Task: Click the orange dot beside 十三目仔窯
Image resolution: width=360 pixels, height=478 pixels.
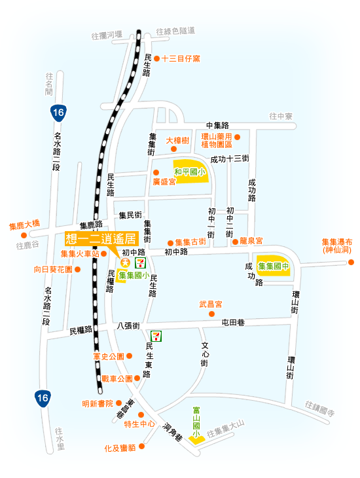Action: [156, 58]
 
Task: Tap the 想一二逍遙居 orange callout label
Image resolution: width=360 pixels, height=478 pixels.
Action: [101, 238]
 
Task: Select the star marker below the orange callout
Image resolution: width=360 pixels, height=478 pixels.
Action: [125, 262]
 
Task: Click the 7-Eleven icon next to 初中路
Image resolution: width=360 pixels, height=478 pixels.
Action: [140, 263]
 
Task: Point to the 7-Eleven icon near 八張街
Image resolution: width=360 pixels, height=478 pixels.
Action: [156, 336]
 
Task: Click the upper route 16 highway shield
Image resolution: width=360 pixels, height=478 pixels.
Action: [58, 113]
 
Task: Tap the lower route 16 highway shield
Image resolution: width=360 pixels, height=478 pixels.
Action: [43, 398]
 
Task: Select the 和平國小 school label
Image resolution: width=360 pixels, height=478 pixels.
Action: [189, 172]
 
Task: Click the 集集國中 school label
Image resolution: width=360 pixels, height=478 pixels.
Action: [274, 266]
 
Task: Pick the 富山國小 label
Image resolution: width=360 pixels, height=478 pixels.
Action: [196, 422]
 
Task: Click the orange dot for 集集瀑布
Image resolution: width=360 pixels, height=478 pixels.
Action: [351, 262]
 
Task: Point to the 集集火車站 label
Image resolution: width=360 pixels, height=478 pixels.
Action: [80, 253]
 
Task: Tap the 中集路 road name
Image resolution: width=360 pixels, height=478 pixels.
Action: [218, 125]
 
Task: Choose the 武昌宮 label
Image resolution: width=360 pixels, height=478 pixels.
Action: [211, 304]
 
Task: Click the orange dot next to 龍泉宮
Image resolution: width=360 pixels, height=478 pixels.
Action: [235, 242]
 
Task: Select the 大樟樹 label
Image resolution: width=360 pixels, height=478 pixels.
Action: [177, 141]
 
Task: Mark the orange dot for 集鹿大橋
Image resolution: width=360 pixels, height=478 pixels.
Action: [24, 235]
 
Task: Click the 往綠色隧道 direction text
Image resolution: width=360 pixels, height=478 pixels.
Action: [175, 31]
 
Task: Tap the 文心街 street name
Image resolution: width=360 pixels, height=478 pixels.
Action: [204, 354]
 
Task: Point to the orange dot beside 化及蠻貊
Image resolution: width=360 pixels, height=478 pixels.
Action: [141, 447]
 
